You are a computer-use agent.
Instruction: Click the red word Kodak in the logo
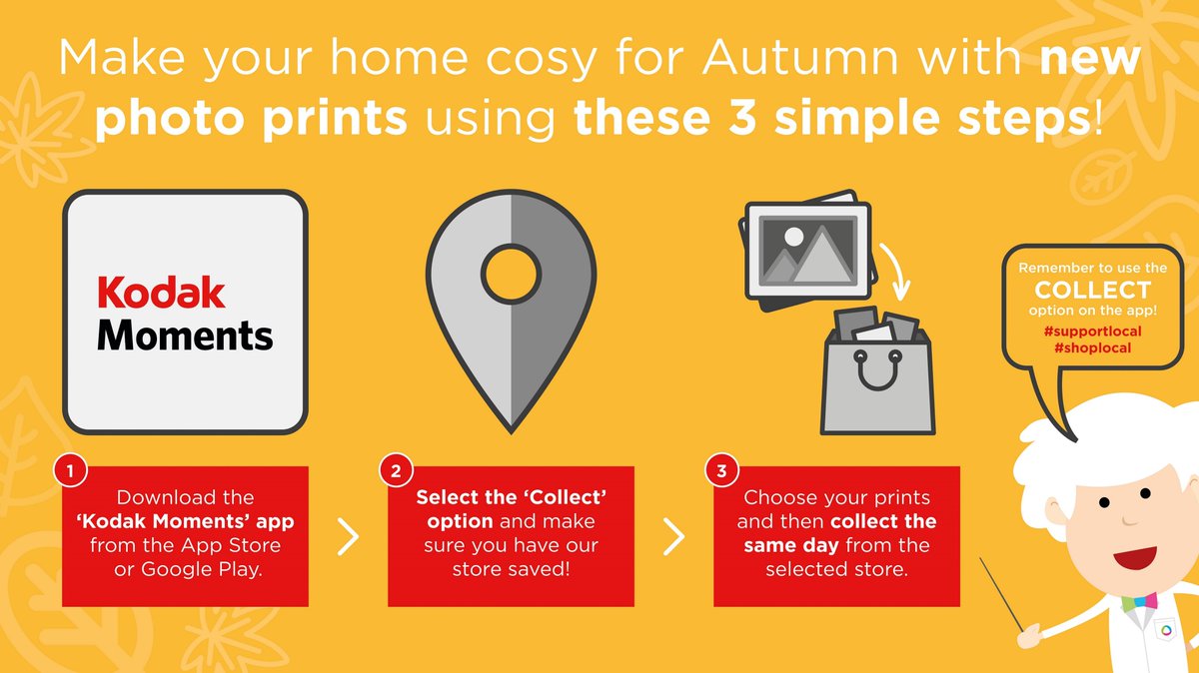pyautogui.click(x=161, y=294)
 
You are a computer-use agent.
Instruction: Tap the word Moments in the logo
pyautogui.click(x=185, y=336)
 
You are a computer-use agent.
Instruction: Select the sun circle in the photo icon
pyautogui.click(x=794, y=238)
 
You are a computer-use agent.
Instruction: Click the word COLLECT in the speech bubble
pyautogui.click(x=1092, y=291)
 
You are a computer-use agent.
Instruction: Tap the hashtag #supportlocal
pyautogui.click(x=1092, y=330)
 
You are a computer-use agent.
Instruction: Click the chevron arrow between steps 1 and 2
pyautogui.click(x=348, y=537)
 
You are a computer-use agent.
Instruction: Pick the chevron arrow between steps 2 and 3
pyautogui.click(x=674, y=537)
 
